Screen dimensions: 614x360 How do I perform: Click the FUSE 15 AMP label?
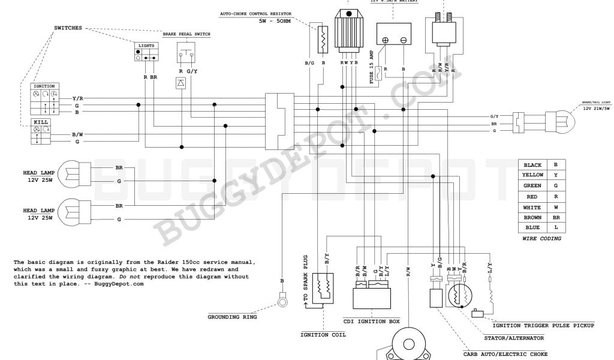[372, 67]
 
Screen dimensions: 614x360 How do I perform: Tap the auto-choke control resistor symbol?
[323, 39]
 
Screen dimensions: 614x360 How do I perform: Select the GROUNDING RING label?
[232, 317]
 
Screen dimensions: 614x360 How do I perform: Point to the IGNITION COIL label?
[323, 334]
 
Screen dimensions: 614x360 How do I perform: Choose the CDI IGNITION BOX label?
[371, 322]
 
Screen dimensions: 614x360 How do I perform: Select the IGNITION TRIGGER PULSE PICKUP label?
[543, 325]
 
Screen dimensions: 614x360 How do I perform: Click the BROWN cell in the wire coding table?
[532, 217]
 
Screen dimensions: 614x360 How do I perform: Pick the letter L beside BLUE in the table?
[556, 228]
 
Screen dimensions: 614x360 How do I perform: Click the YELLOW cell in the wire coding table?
[532, 175]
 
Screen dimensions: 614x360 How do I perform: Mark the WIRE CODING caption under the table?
[541, 239]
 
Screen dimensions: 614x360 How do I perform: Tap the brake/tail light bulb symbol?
[561, 122]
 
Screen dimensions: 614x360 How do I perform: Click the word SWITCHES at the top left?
[68, 28]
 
